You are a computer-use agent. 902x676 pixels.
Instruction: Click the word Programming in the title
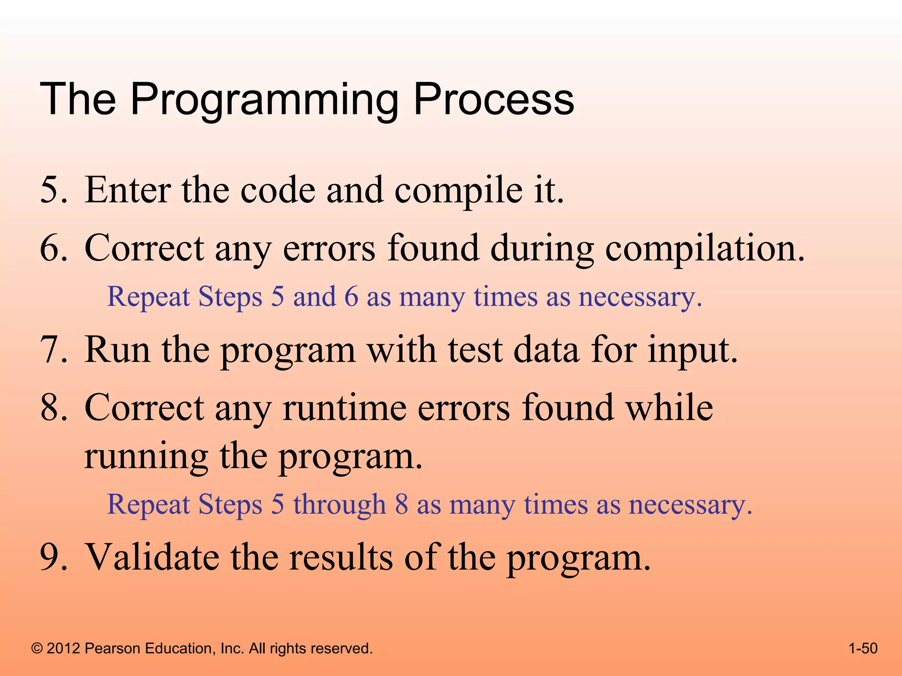click(x=264, y=100)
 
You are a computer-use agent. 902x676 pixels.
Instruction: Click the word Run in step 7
click(x=117, y=350)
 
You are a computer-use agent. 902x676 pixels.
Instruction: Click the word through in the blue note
click(x=339, y=504)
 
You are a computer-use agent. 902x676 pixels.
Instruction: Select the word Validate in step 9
click(x=152, y=557)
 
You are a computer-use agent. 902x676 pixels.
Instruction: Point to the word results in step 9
click(x=341, y=557)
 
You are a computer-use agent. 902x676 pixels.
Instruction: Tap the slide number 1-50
click(x=863, y=648)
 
